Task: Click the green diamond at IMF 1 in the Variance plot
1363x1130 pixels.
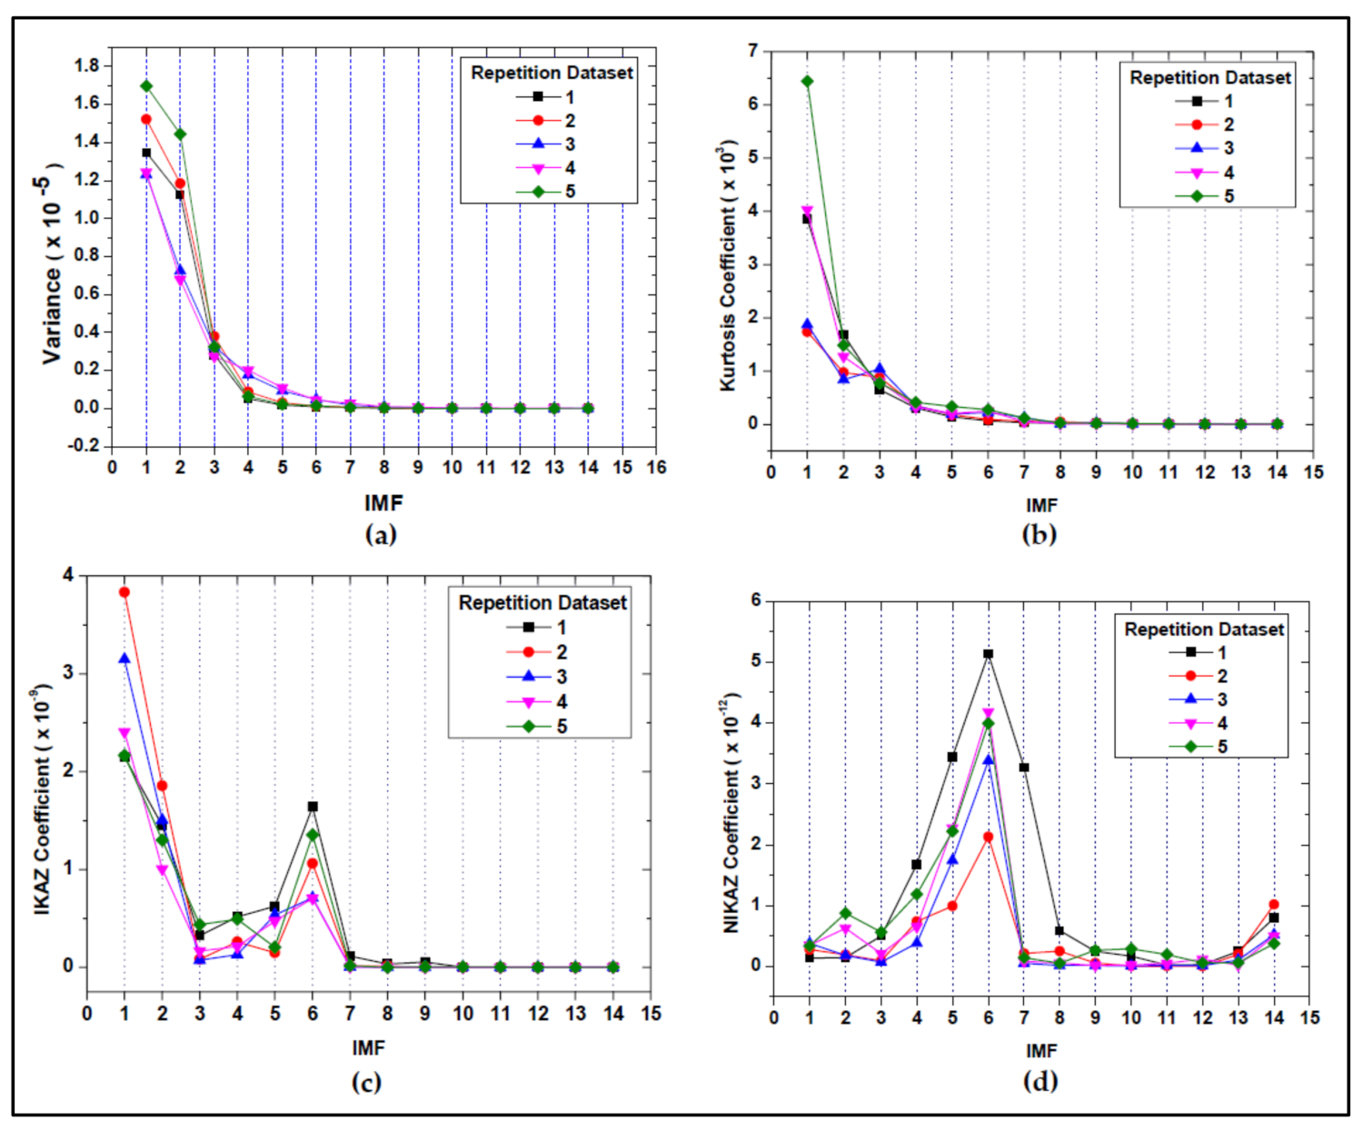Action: pos(146,86)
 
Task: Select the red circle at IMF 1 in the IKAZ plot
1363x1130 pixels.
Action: pos(124,592)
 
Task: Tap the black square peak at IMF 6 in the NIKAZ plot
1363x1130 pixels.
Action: pos(988,654)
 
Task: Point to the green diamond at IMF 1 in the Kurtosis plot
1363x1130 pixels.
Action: pos(807,82)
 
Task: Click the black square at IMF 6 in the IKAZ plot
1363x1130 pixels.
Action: pos(313,807)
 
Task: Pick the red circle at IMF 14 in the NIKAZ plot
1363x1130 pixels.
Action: pos(1274,905)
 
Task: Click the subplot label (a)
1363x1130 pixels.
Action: pos(381,535)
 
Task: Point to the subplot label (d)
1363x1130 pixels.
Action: pos(1040,1081)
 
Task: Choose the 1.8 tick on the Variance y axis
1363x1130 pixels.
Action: pos(88,65)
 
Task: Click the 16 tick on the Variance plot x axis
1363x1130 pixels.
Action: pos(656,468)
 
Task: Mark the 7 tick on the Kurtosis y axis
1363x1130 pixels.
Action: pos(752,51)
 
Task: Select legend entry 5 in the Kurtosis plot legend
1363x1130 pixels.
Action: pos(1229,196)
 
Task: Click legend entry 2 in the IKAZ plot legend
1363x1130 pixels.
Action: pos(562,652)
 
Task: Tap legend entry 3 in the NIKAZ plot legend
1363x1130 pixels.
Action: pos(1222,700)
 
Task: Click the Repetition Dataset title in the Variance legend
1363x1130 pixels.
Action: pos(552,73)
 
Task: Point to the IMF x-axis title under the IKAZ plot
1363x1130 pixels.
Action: pos(369,1048)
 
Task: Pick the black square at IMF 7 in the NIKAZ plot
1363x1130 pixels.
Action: pos(1023,768)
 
